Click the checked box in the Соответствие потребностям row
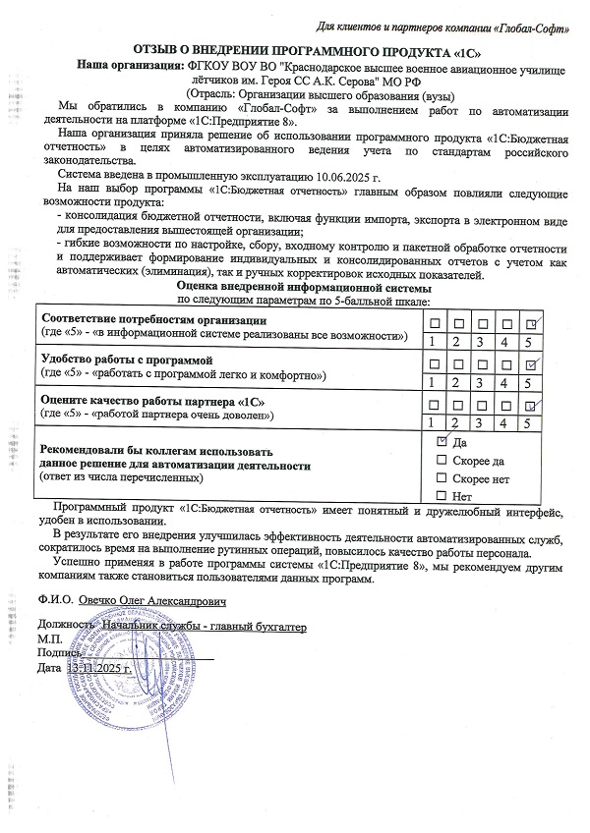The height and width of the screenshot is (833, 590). click(531, 323)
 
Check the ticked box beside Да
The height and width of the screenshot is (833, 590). click(441, 442)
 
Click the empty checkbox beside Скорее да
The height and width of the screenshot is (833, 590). click(441, 460)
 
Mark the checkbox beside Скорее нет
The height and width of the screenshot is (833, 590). click(441, 477)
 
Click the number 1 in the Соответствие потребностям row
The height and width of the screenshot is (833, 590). click(432, 341)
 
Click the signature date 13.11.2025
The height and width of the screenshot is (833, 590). click(98, 668)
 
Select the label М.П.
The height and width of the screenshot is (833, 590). click(48, 639)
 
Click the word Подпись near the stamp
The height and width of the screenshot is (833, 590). click(55, 653)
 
